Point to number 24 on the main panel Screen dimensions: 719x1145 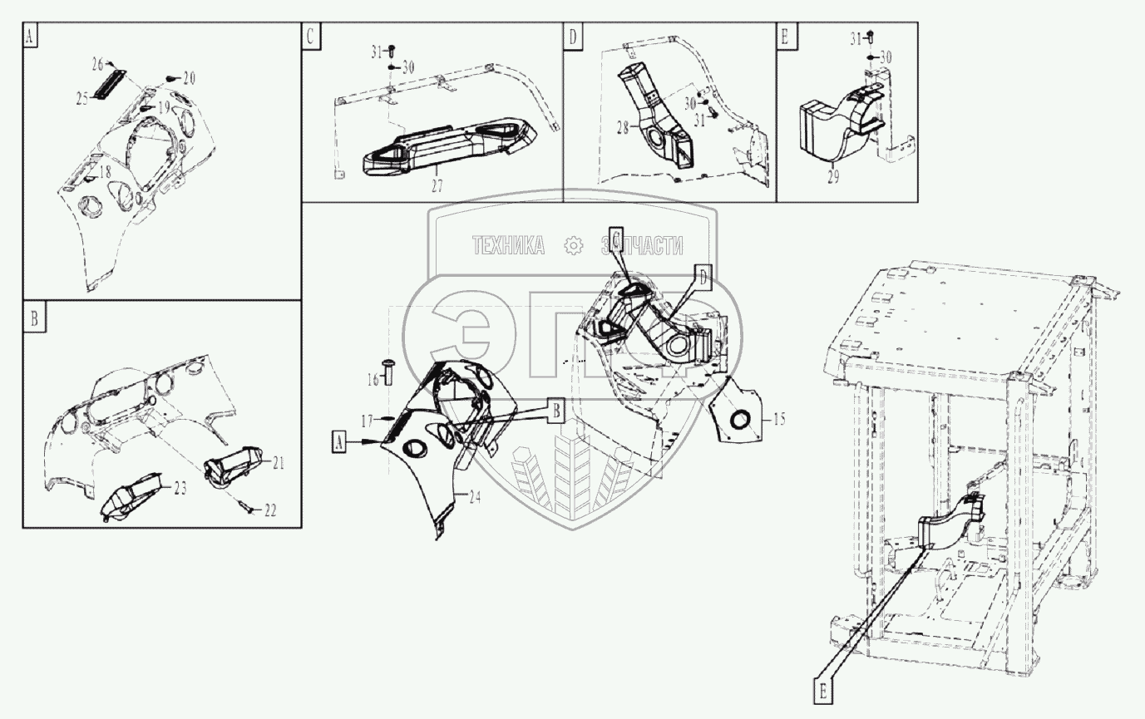tap(475, 499)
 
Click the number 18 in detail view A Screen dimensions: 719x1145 tap(105, 172)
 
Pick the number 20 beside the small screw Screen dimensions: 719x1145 tap(189, 78)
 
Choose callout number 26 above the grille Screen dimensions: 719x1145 tap(97, 63)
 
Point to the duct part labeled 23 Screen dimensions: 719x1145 tap(133, 498)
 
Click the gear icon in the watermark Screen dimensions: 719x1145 tap(572, 245)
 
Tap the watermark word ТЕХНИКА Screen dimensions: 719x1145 tap(507, 245)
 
